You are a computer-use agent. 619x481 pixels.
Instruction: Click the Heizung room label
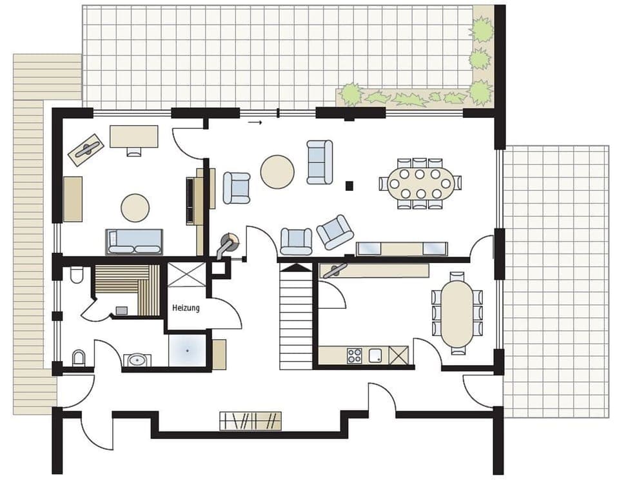tap(186, 308)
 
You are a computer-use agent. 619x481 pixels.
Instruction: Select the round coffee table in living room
tap(277, 172)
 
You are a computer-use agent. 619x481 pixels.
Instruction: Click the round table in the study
tap(135, 208)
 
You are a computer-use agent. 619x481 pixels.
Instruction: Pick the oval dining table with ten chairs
tap(420, 183)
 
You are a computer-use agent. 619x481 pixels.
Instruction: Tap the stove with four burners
tap(355, 355)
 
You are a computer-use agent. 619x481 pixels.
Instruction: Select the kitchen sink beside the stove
tap(376, 355)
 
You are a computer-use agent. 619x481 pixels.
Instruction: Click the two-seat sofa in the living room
tap(320, 162)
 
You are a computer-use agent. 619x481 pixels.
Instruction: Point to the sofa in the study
tap(134, 242)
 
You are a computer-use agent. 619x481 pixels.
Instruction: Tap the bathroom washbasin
tap(136, 360)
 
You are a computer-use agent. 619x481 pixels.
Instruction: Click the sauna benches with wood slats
tap(127, 287)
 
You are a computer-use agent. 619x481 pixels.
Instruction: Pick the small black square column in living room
tap(349, 186)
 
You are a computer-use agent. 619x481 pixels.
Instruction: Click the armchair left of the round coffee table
tap(237, 188)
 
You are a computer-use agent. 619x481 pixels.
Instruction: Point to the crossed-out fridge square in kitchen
tap(398, 355)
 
